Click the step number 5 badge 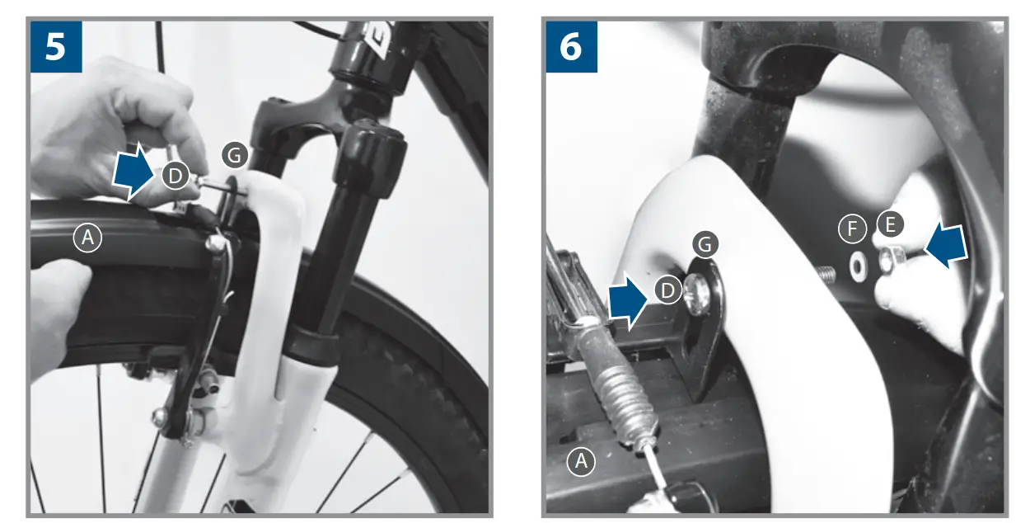[x=56, y=46]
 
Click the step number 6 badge [x=570, y=46]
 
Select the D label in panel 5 [x=174, y=176]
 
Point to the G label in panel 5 [x=235, y=154]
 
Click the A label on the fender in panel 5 [x=87, y=238]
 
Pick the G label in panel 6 [x=705, y=243]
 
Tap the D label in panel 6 [x=667, y=290]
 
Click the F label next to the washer [x=851, y=229]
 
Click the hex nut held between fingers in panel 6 [x=888, y=261]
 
